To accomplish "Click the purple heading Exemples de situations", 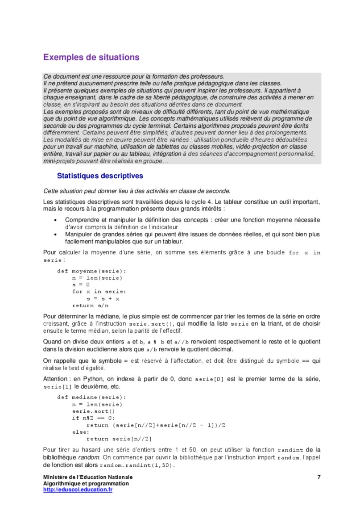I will (91, 58).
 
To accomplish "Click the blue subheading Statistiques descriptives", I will (99, 176).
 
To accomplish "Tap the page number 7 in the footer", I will (319, 477).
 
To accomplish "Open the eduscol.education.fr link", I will (78, 490).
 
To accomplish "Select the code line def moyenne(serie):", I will (91, 271).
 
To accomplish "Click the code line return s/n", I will (90, 306).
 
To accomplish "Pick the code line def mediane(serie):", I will (91, 397).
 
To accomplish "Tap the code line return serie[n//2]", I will (119, 439).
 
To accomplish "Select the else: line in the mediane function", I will (81, 432).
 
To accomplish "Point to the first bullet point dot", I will (55, 220).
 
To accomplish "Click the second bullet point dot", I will (55, 234).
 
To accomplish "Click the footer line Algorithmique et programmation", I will (86, 483).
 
